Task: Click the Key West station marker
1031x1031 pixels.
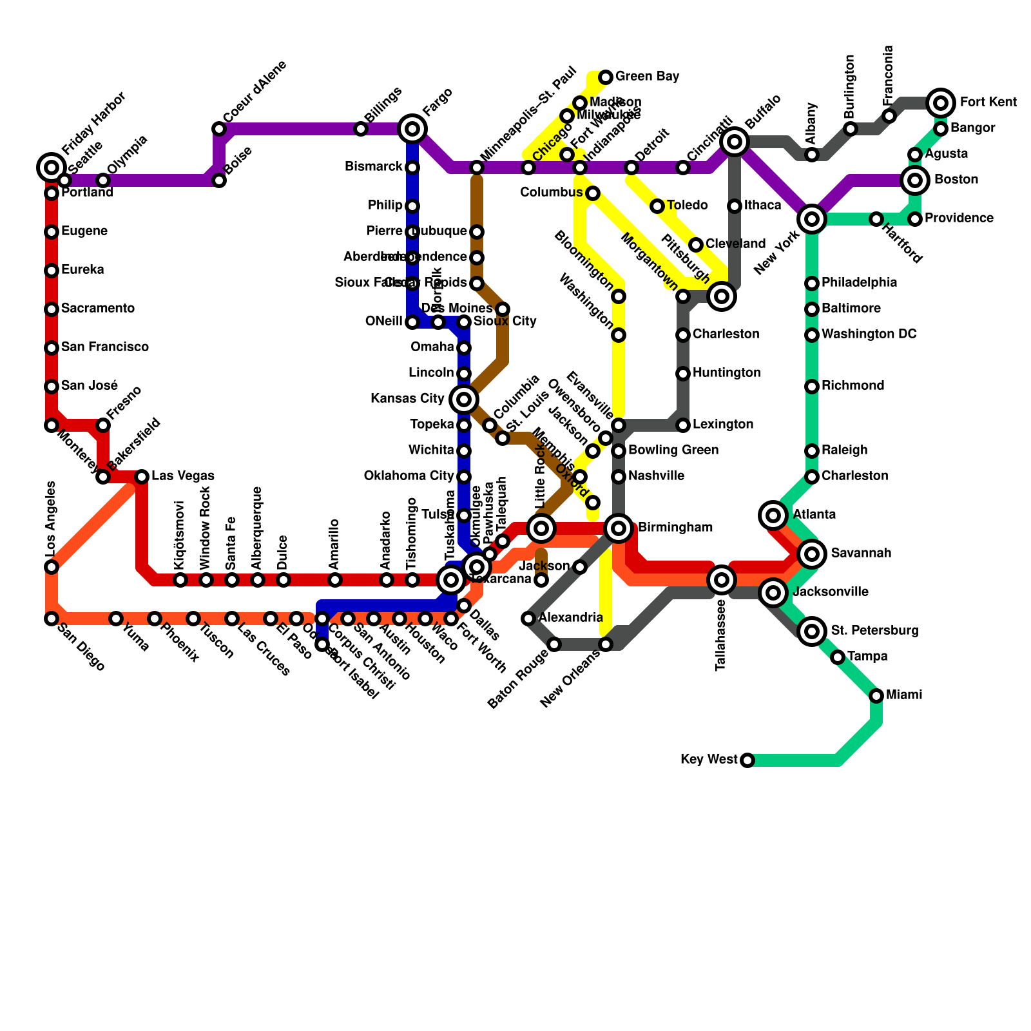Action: (x=747, y=760)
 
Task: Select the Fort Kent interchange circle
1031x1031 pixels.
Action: (x=941, y=102)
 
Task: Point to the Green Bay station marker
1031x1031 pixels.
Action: (x=606, y=77)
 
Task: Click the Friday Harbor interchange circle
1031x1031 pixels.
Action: (x=52, y=168)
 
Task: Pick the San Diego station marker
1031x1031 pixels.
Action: (x=52, y=619)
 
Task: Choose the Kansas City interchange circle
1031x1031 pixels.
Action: (x=464, y=400)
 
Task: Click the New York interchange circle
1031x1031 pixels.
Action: (x=812, y=219)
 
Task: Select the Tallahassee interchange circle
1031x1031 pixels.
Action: (x=722, y=580)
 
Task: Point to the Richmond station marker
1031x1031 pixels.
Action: (x=812, y=387)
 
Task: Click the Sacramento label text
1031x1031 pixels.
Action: (x=98, y=309)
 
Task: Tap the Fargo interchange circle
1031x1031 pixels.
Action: (x=412, y=129)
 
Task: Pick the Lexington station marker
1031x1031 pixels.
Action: (x=683, y=425)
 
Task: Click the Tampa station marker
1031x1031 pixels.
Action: (x=838, y=657)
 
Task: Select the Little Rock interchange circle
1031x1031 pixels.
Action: (x=541, y=528)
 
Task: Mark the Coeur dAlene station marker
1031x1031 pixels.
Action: (x=219, y=129)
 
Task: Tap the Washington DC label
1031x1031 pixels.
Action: (x=869, y=334)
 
